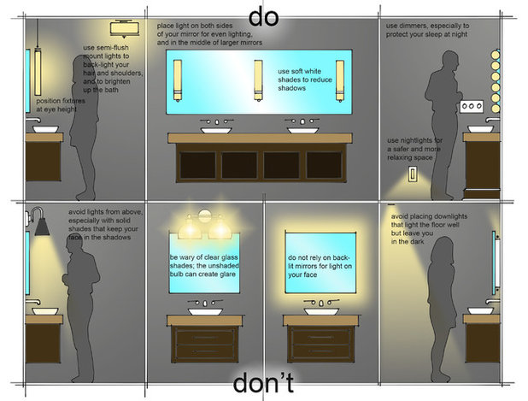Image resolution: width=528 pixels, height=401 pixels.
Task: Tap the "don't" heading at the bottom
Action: tap(263, 382)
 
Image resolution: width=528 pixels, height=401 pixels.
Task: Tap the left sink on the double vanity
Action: tap(216, 128)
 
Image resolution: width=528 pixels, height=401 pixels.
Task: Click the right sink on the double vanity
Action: tap(302, 128)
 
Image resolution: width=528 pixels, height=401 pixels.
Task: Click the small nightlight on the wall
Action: tap(414, 175)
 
